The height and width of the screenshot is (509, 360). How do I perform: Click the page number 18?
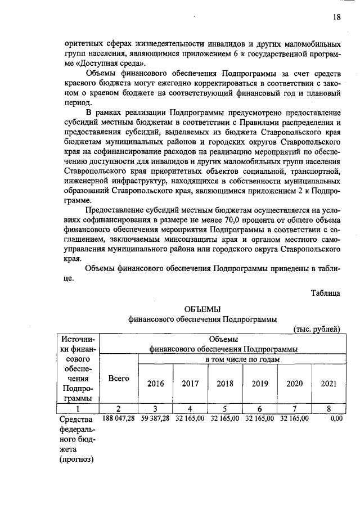click(336, 17)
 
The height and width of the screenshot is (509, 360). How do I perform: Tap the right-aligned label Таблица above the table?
click(325, 293)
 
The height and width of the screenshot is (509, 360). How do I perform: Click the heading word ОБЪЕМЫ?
click(202, 309)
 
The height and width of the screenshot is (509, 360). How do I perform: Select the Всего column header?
click(119, 379)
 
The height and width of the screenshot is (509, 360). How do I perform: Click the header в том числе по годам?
click(242, 359)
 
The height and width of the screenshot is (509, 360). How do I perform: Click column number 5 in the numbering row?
click(225, 408)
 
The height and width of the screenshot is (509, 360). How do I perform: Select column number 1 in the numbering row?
click(78, 408)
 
